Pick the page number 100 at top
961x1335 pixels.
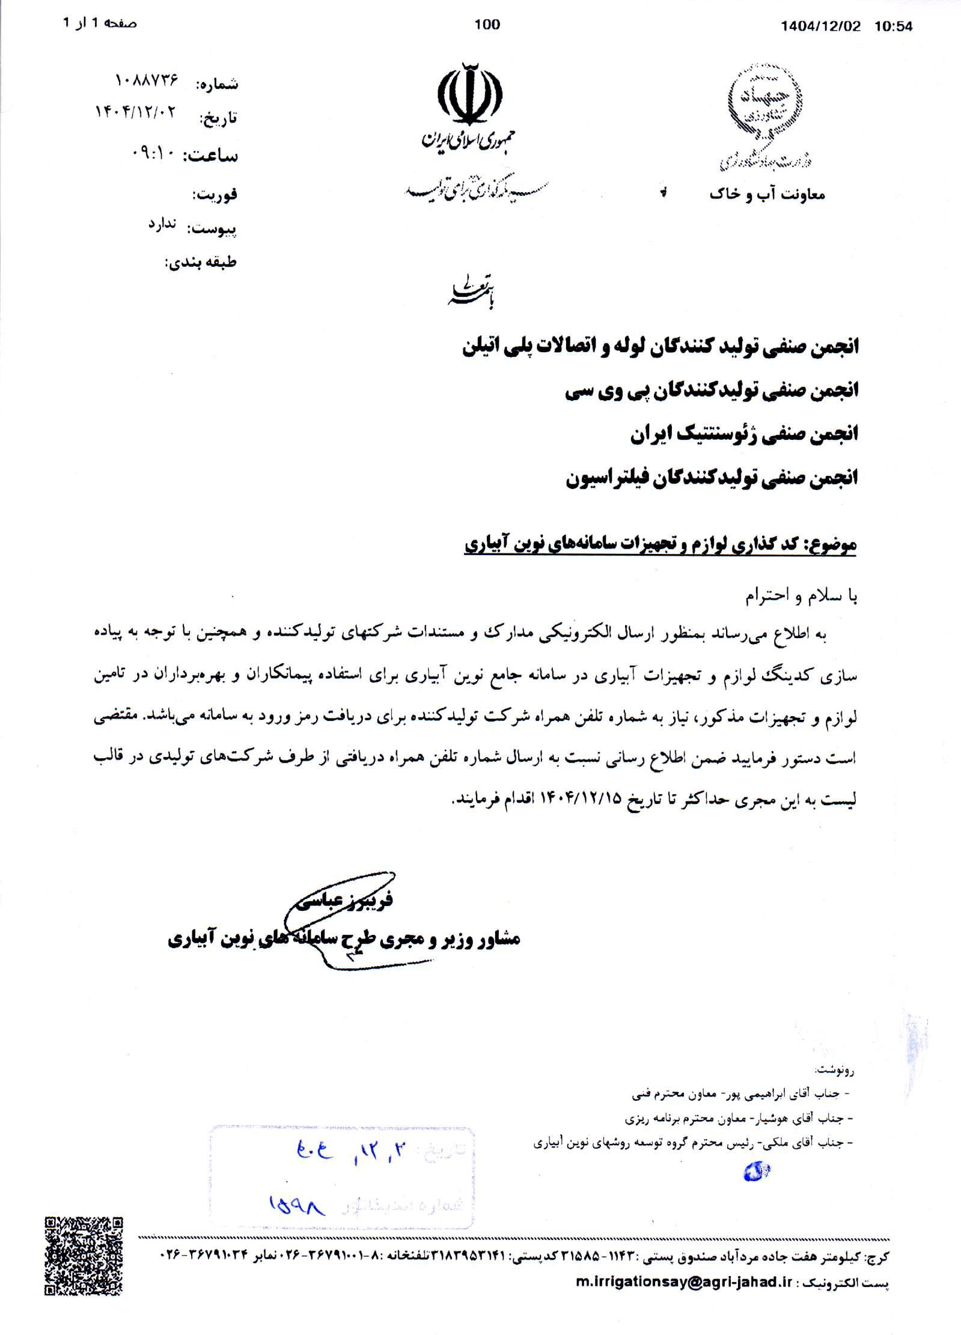point(487,24)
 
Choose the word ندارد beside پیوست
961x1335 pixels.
point(163,224)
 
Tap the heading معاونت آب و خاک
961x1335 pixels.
point(767,195)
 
